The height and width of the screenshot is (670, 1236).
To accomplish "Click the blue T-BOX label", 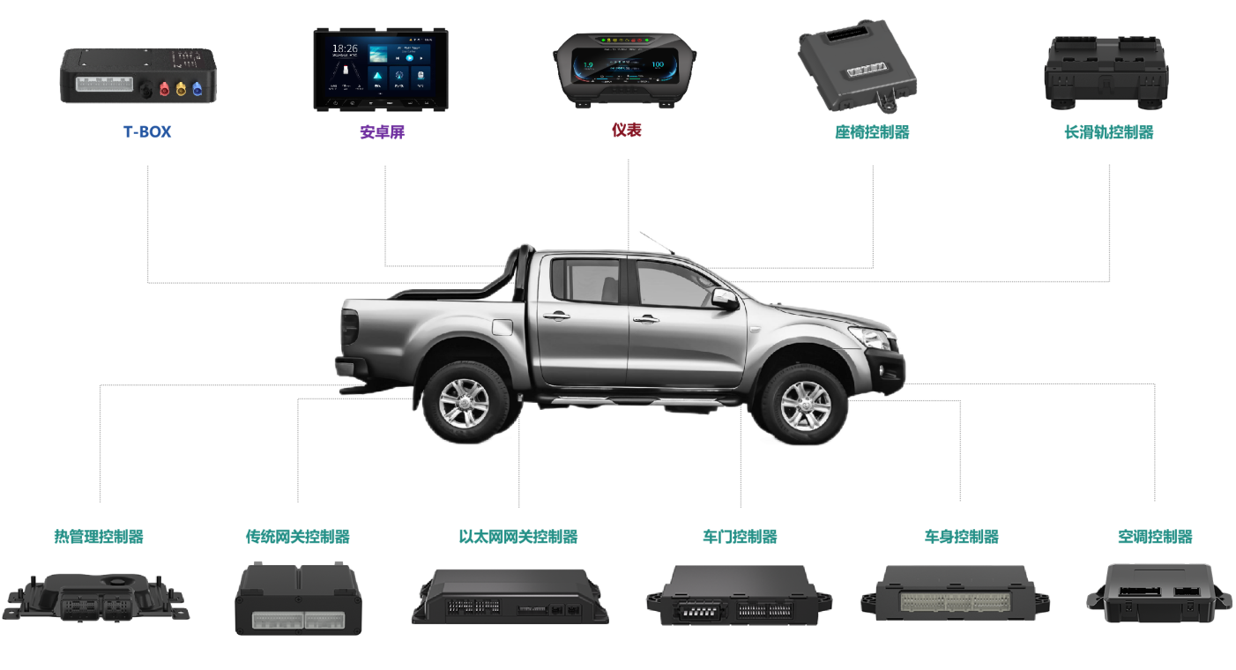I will [147, 132].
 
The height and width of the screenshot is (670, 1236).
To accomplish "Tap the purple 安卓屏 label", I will [383, 132].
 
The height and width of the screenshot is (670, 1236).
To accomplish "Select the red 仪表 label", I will [627, 130].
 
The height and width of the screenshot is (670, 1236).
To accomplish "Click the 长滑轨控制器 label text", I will [1108, 132].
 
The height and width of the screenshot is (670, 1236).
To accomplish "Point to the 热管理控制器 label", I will [99, 536].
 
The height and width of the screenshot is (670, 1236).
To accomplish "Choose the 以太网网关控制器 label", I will [518, 536].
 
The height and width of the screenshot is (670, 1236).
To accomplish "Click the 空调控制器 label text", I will [1155, 536].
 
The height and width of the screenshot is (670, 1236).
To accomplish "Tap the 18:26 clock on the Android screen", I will [346, 49].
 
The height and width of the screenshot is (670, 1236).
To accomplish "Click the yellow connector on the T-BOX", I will [181, 88].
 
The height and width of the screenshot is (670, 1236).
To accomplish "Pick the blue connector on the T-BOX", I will [197, 88].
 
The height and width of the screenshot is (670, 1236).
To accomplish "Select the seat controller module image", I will [857, 66].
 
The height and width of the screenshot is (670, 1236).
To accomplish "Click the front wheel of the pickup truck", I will [804, 406].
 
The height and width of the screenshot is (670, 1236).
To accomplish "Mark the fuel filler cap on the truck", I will [501, 327].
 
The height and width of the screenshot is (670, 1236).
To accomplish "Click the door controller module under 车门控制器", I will [739, 595].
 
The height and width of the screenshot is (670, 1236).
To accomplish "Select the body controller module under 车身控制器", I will [956, 592].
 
